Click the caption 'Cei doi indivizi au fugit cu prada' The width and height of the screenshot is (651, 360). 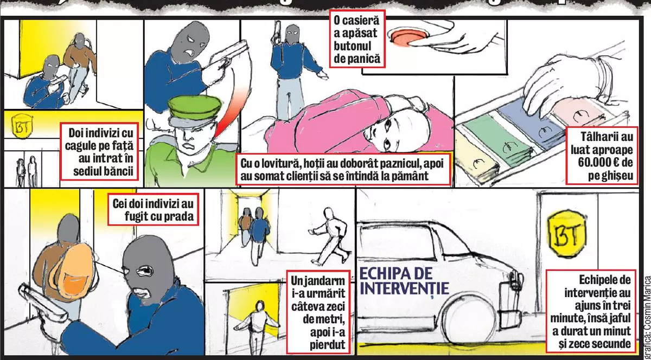pos(153,210)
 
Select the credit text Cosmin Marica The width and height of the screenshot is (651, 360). pos(646,314)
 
